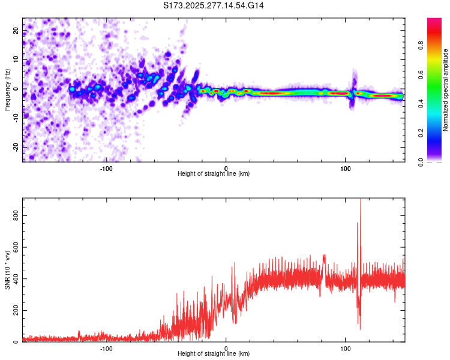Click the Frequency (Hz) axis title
click(7, 89)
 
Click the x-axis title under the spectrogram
click(214, 173)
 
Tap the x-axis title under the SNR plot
click(214, 353)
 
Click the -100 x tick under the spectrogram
click(107, 168)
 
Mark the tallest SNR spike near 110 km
click(360, 200)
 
